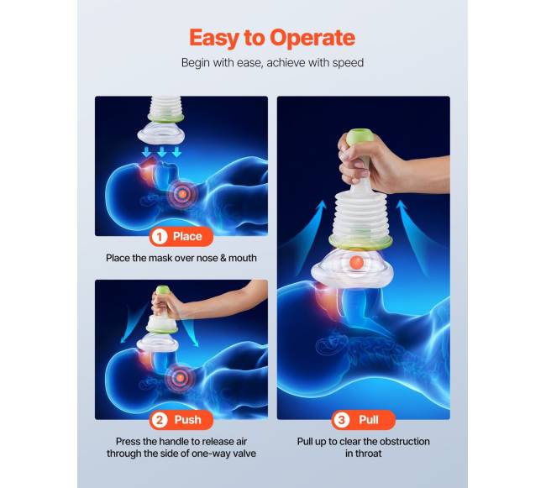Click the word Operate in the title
tap(312, 38)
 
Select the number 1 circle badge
tap(160, 237)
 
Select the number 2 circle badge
tap(160, 420)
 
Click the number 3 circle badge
tap(342, 420)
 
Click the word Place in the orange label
tap(187, 237)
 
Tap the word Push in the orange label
tap(187, 420)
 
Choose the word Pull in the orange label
tap(369, 420)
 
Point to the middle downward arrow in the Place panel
tap(161, 152)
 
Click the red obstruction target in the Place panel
tap(182, 193)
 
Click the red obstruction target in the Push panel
tap(180, 377)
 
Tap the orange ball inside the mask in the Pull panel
tap(356, 262)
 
